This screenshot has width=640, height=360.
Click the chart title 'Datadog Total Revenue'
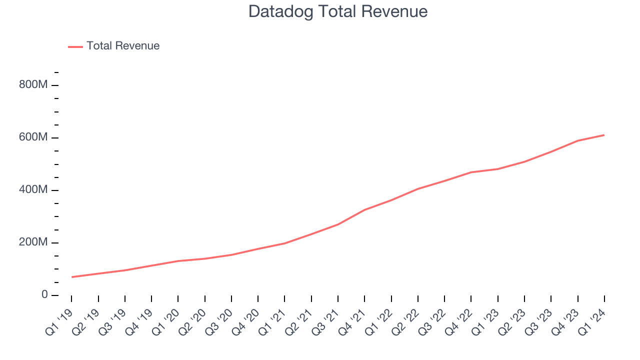coord(338,11)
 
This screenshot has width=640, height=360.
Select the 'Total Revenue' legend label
coord(123,46)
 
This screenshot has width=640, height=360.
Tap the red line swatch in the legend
coord(75,46)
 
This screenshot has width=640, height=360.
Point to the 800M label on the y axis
coord(33,85)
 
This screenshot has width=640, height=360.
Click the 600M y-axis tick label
coord(33,137)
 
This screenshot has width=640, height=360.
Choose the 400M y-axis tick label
coord(33,190)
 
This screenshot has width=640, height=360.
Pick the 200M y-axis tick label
coord(33,242)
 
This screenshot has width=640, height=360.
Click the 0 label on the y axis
coord(44,295)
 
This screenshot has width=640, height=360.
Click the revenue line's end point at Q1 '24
coord(604,135)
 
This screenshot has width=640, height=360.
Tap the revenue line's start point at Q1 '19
coord(71,277)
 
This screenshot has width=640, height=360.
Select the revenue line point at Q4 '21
coord(364,209)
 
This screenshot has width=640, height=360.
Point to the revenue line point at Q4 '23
coord(577,140)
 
